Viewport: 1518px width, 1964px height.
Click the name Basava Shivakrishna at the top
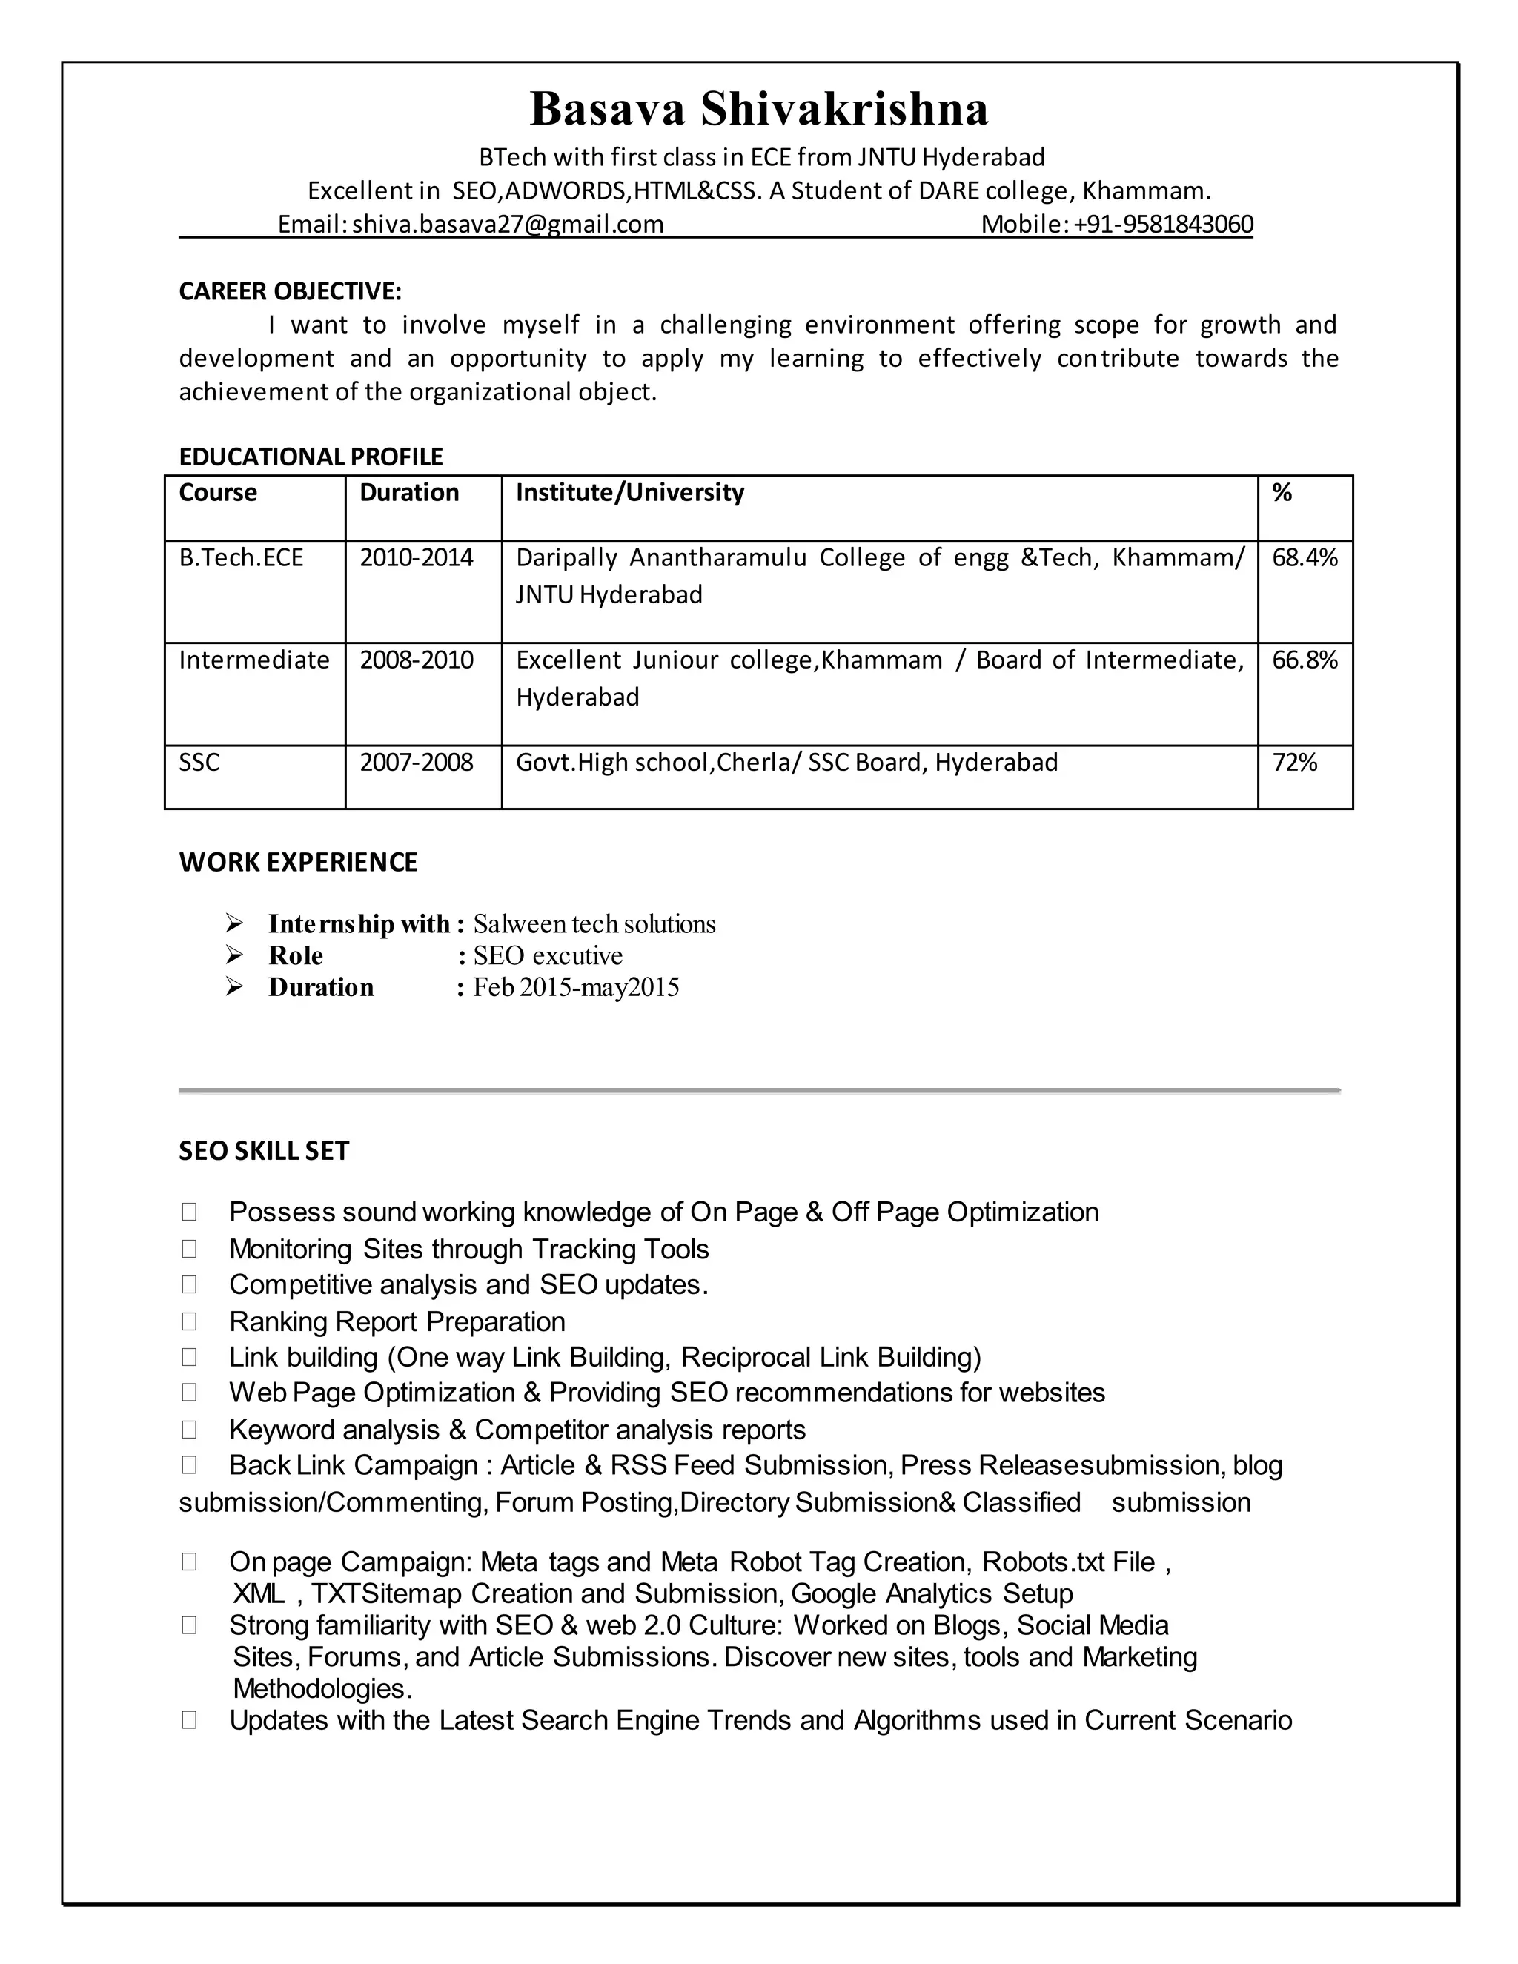coord(759,110)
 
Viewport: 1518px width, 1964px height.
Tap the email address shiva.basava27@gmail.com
coord(507,224)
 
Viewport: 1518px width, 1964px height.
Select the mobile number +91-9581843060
coord(1163,224)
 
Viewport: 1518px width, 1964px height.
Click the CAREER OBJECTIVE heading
coord(290,291)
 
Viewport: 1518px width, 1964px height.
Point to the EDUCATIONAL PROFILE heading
coord(311,457)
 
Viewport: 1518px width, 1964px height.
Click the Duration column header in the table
coord(409,493)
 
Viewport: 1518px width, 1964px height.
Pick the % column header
coord(1282,493)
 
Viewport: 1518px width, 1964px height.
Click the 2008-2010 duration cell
coord(417,660)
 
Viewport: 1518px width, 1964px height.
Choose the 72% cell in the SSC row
coord(1294,763)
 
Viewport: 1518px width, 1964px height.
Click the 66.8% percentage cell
coord(1304,660)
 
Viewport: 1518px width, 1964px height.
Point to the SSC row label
coord(199,763)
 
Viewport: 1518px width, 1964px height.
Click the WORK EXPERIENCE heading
coord(298,863)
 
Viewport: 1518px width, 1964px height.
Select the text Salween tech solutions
coord(594,924)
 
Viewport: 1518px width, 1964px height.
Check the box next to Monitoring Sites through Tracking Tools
coord(189,1248)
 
